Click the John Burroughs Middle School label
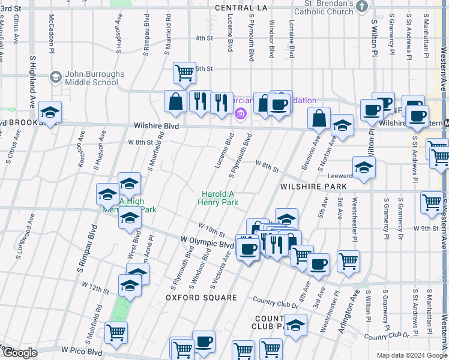point(92,78)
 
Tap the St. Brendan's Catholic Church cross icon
point(361,7)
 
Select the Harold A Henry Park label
point(218,199)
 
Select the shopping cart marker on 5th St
point(185,73)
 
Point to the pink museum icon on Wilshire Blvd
point(241,114)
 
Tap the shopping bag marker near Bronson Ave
point(320,118)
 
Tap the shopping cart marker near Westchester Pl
point(348,260)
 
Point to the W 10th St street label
point(212,229)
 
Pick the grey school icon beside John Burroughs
point(56,77)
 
